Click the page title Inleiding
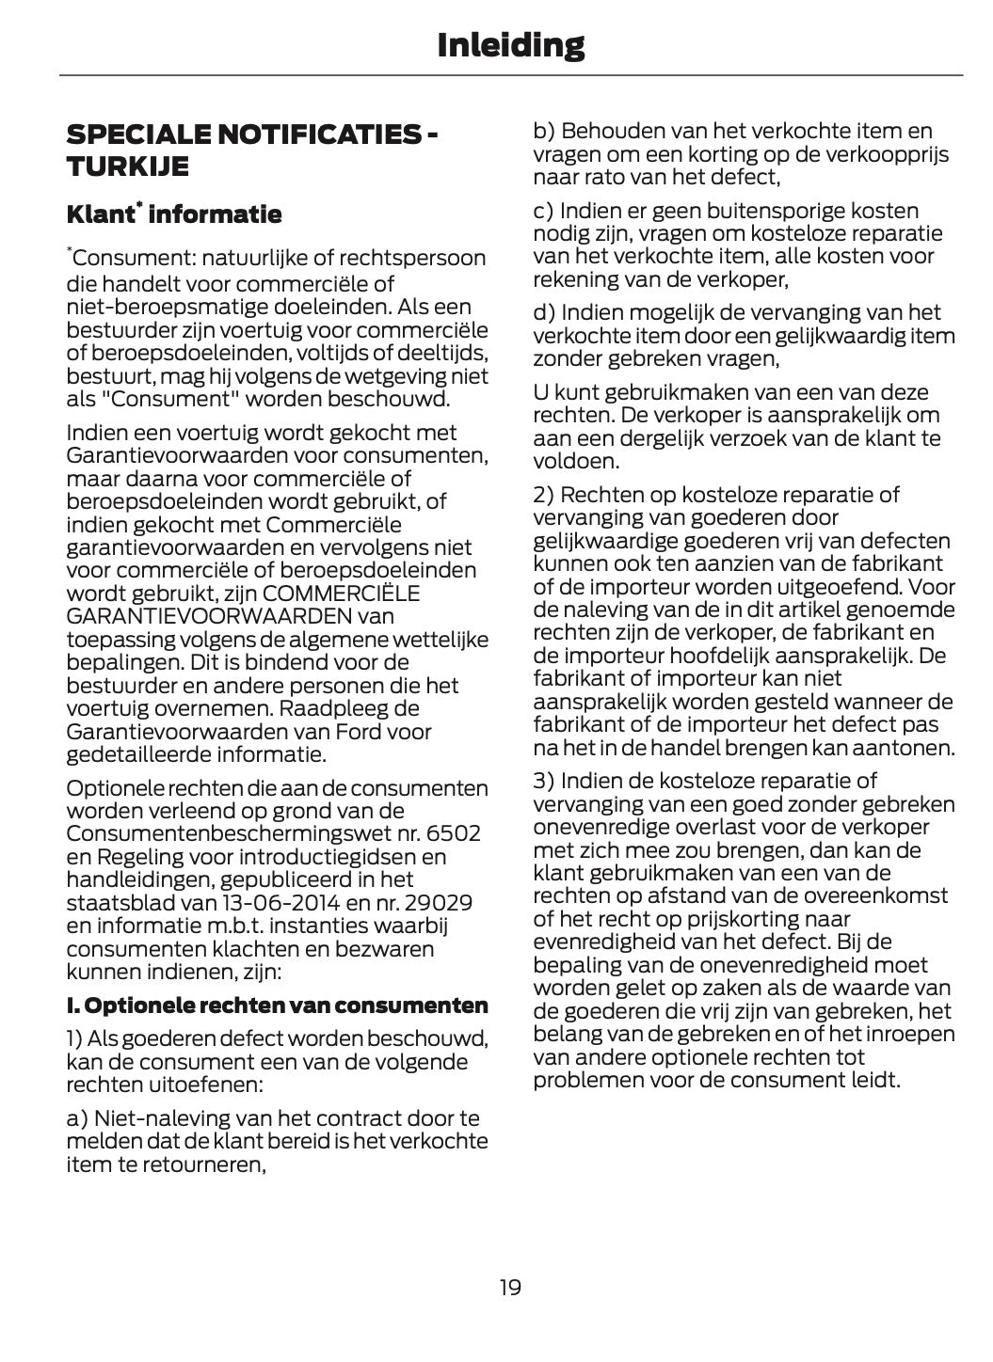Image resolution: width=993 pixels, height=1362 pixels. tap(510, 44)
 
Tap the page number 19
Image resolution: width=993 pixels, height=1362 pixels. tap(510, 1287)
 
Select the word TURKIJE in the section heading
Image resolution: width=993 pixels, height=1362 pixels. tap(127, 166)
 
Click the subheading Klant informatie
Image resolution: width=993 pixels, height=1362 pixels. tap(173, 214)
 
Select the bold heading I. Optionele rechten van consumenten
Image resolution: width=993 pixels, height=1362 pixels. tap(277, 1006)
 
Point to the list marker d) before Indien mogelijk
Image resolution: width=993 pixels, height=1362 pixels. tap(544, 312)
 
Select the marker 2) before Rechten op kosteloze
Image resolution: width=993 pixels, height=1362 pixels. tap(544, 495)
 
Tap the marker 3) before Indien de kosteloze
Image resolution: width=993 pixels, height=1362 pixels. tap(544, 781)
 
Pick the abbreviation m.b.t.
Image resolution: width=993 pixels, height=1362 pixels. tap(234, 926)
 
